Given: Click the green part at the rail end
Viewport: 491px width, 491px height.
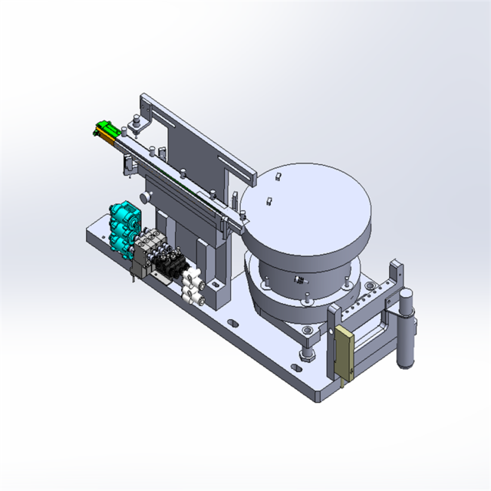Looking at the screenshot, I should [x=105, y=130].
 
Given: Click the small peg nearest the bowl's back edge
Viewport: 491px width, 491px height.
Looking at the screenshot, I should [x=278, y=176].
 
